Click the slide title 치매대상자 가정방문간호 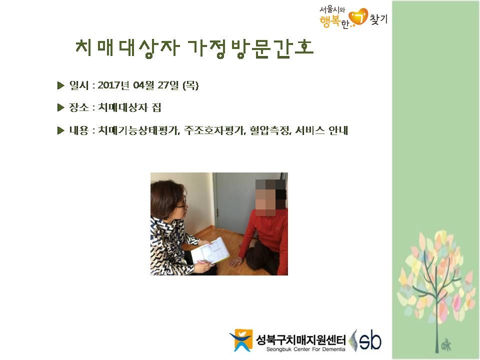pos(194,48)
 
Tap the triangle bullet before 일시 pos(60,85)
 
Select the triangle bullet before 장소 pos(60,107)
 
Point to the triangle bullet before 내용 pos(60,130)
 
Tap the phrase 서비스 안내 pos(321,130)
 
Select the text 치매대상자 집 pos(129,107)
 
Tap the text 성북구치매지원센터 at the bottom pos(301,339)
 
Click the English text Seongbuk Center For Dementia pos(305,349)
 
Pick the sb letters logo pos(370,340)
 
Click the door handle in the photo pos(217,212)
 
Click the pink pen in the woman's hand pos(205,262)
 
